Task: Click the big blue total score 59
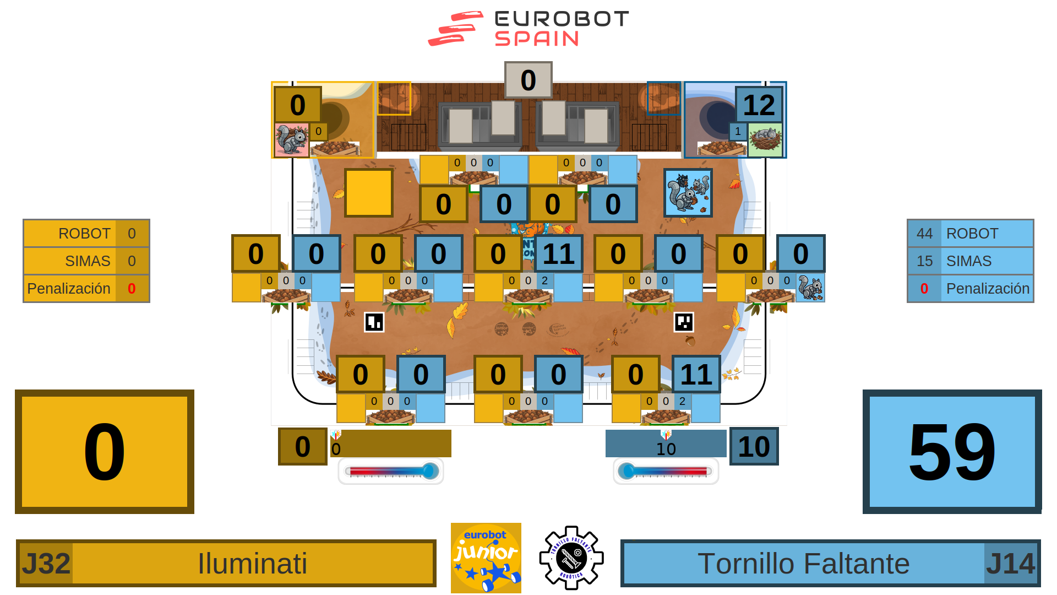click(x=952, y=451)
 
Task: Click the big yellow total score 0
click(x=105, y=451)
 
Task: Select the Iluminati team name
click(x=252, y=564)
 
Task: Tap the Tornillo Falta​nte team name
click(x=803, y=564)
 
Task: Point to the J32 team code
click(x=46, y=564)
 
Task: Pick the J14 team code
click(x=1011, y=564)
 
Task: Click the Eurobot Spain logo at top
click(x=528, y=29)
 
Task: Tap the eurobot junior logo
click(x=486, y=558)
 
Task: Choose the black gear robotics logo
click(x=571, y=558)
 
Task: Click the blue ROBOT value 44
click(x=924, y=234)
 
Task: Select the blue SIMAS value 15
click(x=924, y=261)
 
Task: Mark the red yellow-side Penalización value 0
click(x=132, y=289)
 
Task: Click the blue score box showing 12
click(x=759, y=105)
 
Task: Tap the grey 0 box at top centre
click(x=528, y=80)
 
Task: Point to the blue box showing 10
click(x=754, y=446)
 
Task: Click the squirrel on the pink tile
click(x=291, y=140)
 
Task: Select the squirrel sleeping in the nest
click(x=765, y=140)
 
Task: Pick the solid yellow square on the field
click(x=368, y=193)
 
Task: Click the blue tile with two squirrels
click(x=688, y=193)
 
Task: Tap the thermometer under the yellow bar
click(x=391, y=472)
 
